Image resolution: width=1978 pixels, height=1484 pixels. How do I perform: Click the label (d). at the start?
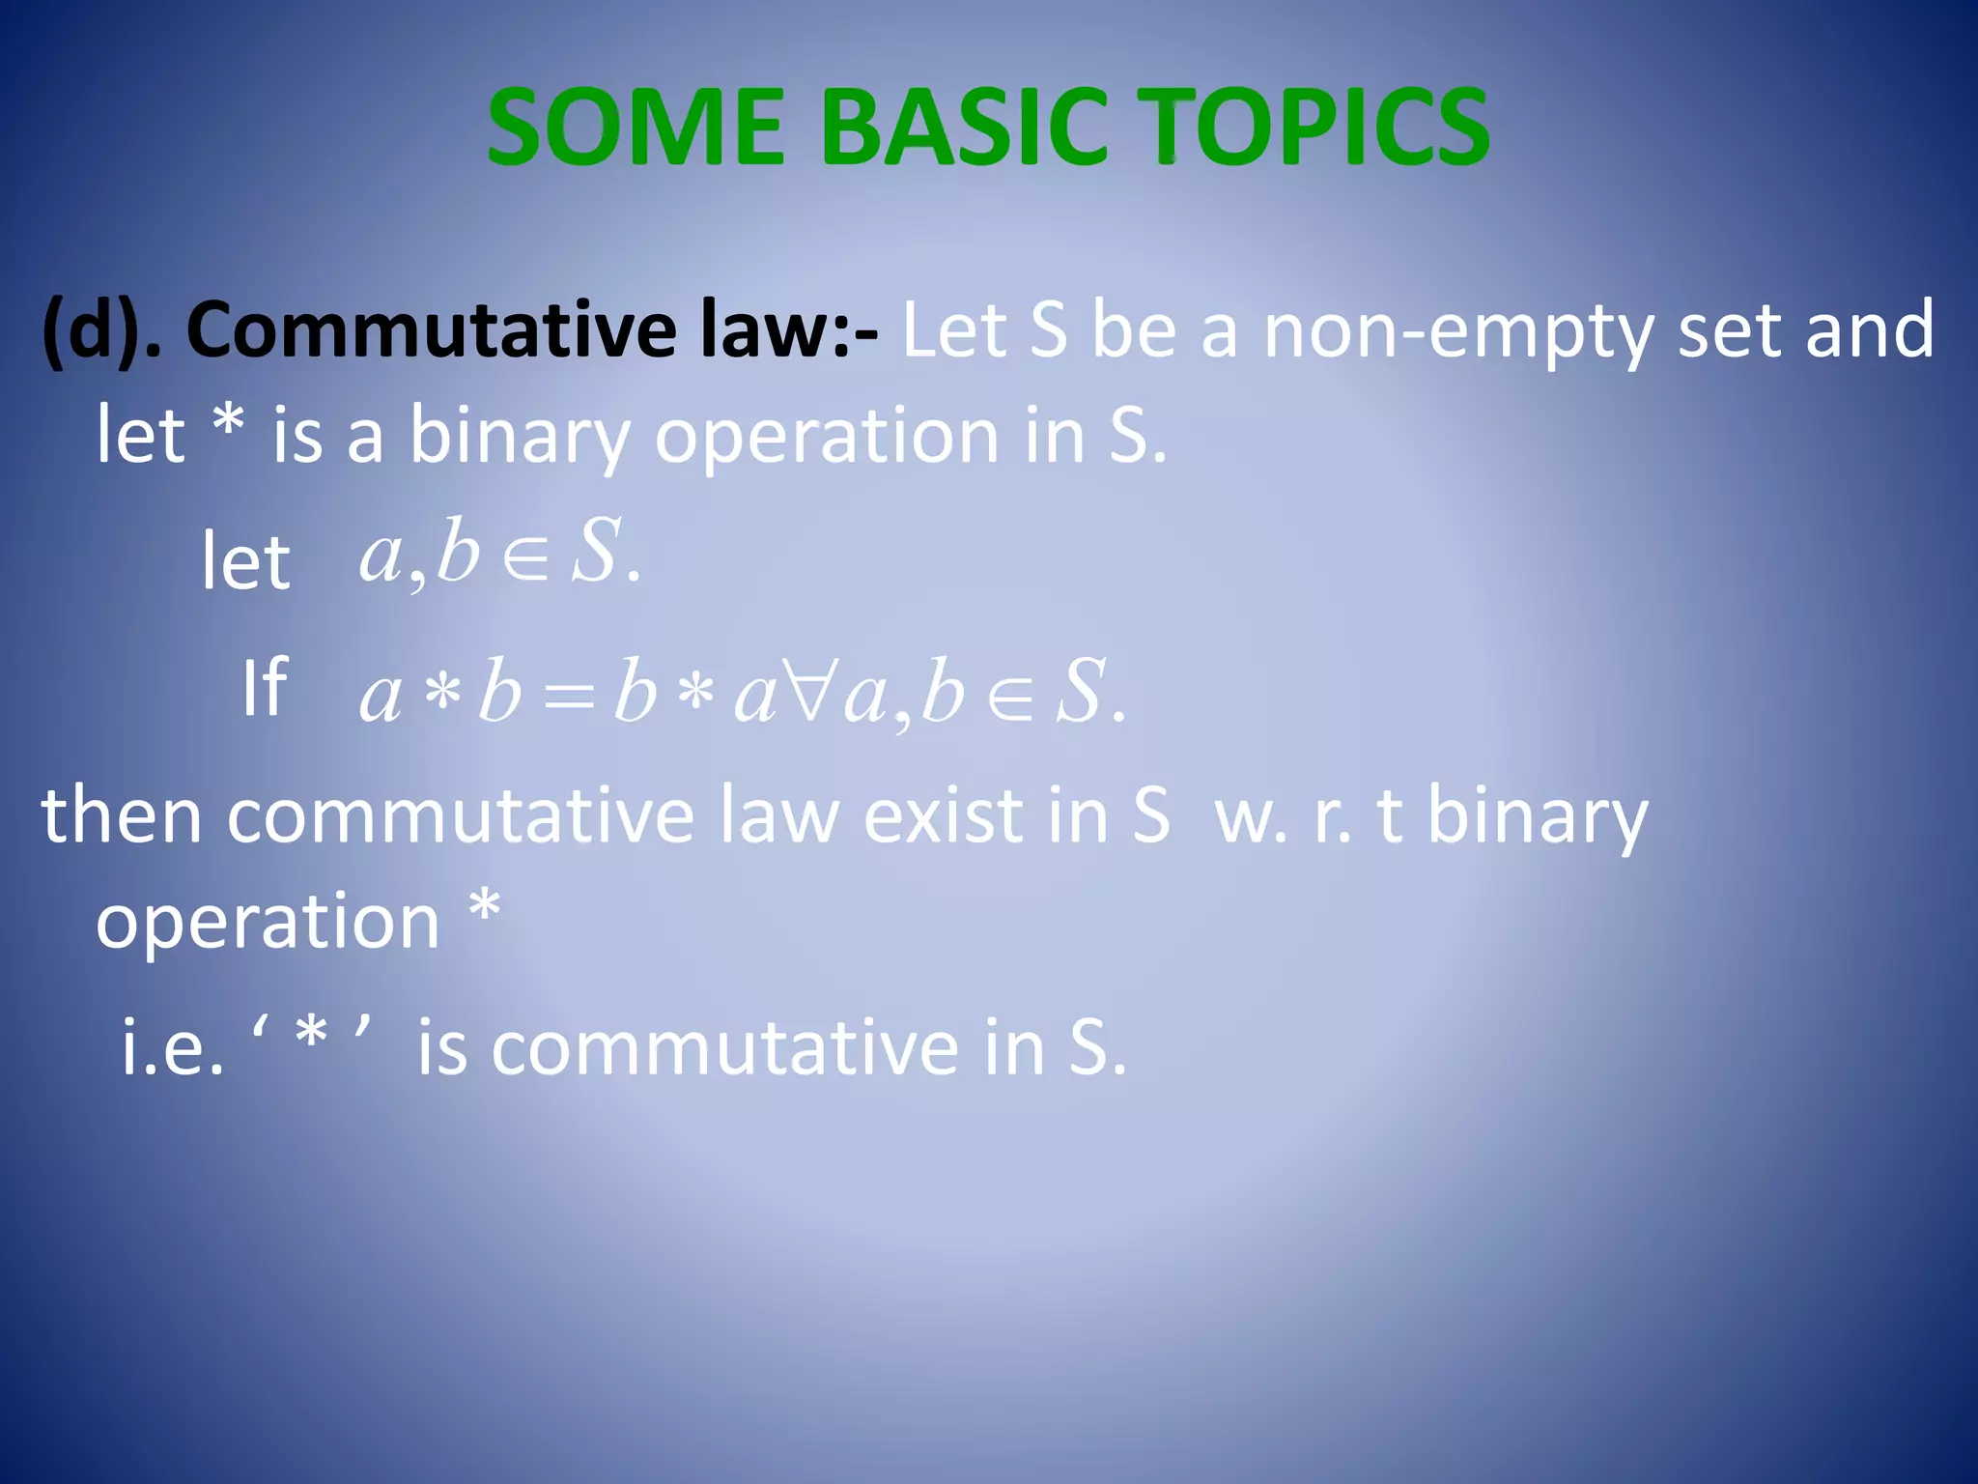pyautogui.click(x=100, y=330)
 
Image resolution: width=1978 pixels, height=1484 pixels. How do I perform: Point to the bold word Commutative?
pyautogui.click(x=431, y=330)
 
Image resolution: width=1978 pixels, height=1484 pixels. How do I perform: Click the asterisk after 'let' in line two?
pyautogui.click(x=229, y=423)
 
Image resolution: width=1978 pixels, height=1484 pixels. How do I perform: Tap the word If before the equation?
pyautogui.click(x=264, y=687)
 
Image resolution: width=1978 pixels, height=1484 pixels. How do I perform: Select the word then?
pyautogui.click(x=122, y=816)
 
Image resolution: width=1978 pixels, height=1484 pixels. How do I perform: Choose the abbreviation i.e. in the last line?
pyautogui.click(x=172, y=1048)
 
